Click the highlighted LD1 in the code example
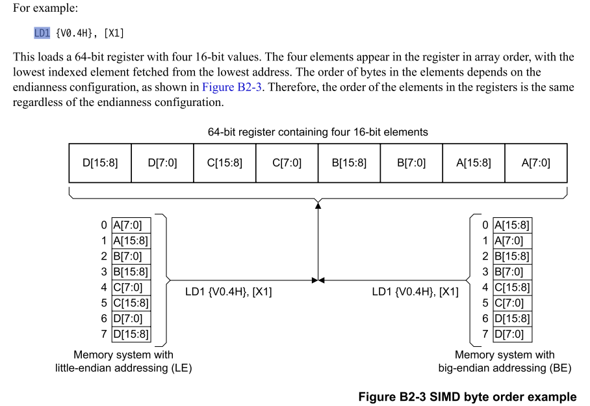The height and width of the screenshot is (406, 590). point(42,33)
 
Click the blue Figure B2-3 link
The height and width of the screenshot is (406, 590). point(232,87)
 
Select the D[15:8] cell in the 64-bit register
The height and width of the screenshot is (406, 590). point(100,163)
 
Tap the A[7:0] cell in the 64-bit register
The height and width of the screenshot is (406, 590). point(535,163)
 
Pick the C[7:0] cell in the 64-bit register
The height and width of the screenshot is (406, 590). point(287,163)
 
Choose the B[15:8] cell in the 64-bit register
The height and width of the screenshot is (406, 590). point(349,163)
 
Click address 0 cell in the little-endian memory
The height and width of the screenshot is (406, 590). point(130,225)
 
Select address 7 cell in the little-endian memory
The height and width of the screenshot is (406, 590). point(130,334)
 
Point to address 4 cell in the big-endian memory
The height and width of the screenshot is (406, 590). point(512,288)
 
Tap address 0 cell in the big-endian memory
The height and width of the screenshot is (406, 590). point(512,225)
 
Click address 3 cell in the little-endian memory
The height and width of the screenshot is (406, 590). point(130,272)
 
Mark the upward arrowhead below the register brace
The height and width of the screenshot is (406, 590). point(318,206)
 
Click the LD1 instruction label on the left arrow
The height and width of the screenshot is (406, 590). point(228,292)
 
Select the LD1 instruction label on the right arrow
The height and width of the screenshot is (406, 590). point(415,292)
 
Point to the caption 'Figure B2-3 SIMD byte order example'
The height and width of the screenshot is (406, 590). point(467,397)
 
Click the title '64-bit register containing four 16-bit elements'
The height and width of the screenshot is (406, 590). point(318,132)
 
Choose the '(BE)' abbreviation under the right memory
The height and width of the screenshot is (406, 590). point(560,368)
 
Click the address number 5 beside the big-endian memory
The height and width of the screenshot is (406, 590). point(485,303)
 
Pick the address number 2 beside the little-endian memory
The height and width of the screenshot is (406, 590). point(104,256)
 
